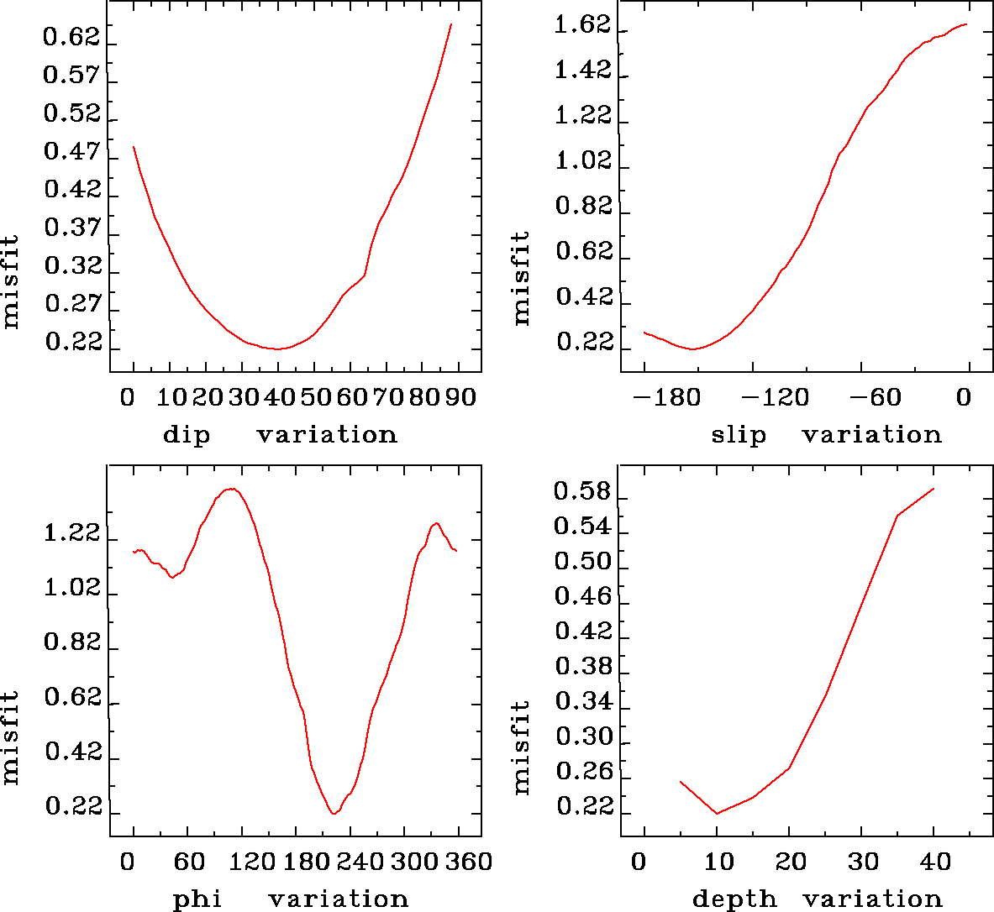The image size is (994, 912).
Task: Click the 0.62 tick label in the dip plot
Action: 71,38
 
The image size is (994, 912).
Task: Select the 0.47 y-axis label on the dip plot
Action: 71,152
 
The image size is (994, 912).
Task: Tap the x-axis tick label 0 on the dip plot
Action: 128,396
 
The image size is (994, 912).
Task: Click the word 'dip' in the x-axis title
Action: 187,435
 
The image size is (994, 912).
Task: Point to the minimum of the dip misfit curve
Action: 277,349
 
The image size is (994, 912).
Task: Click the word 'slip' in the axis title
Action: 739,435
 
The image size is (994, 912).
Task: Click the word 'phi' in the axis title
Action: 197,899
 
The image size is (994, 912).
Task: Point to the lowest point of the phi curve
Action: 334,813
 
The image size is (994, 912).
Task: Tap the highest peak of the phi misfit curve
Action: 232,488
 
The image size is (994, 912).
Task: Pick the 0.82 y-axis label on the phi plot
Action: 71,643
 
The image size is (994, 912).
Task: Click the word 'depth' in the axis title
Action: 734,899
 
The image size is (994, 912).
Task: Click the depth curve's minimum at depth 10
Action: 717,813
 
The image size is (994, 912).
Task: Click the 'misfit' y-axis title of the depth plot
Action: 522,747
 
